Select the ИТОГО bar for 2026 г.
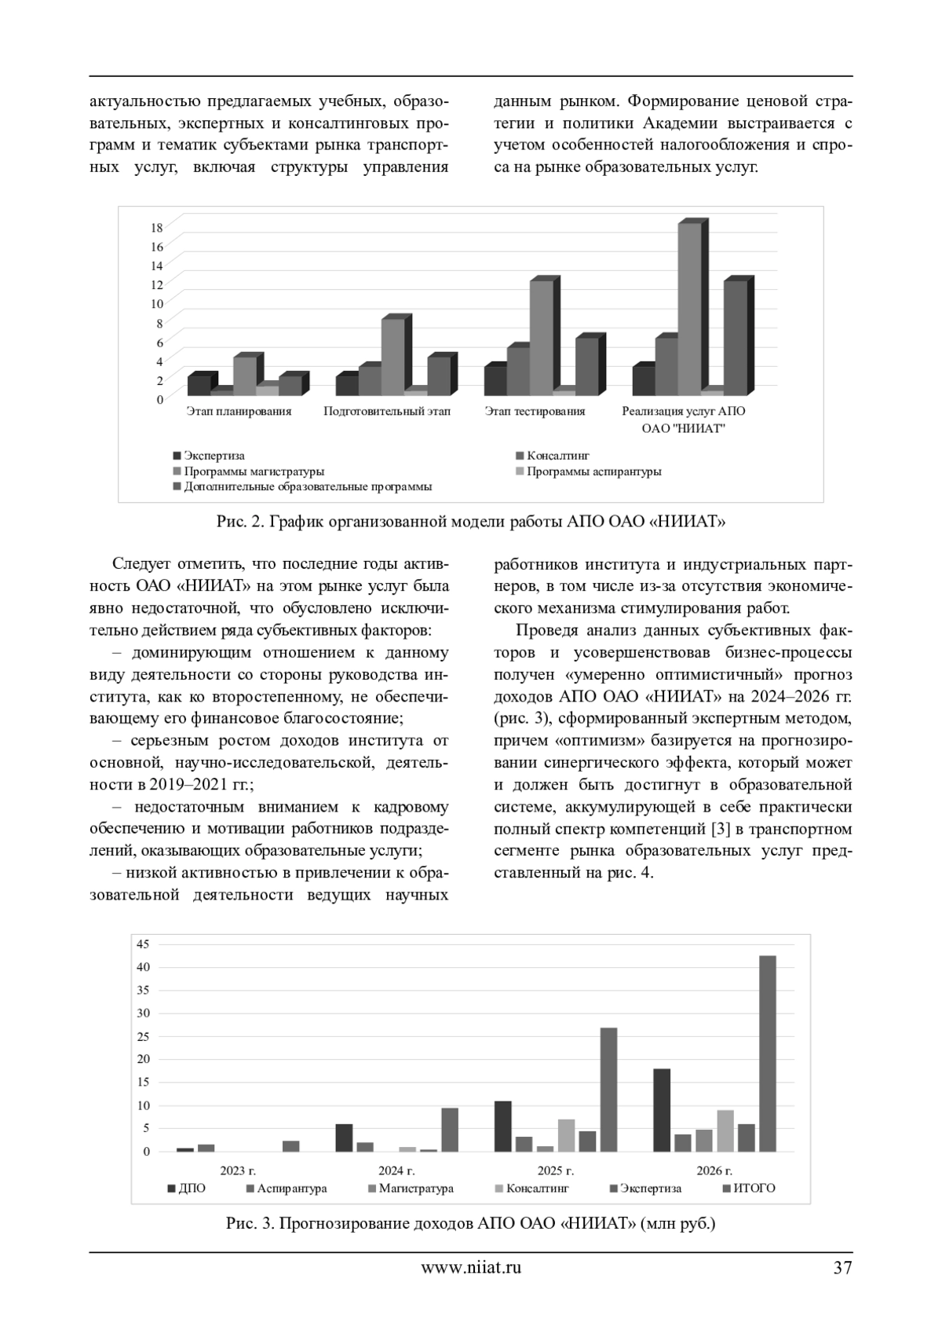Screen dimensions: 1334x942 tap(767, 1053)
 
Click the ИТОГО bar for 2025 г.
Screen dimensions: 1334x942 tap(608, 1089)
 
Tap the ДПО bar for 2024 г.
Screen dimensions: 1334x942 tap(344, 1138)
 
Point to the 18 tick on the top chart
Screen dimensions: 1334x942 tap(157, 227)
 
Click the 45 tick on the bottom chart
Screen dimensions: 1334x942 tap(143, 944)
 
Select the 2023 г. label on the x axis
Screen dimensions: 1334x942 tap(239, 1170)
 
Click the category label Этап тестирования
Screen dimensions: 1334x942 tap(535, 411)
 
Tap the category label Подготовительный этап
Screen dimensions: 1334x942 tap(387, 411)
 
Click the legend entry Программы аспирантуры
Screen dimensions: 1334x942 tap(593, 471)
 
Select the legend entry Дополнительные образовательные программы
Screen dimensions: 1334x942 tap(307, 487)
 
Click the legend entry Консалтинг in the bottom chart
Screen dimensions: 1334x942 tap(537, 1188)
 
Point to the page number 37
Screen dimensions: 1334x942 tap(842, 1266)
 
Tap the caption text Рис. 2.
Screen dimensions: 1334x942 tap(236, 521)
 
